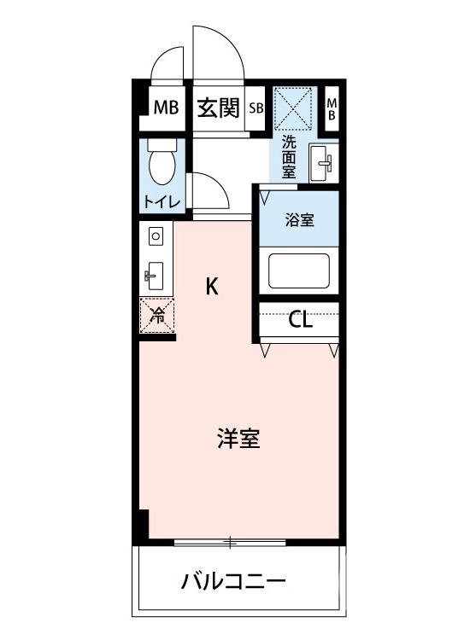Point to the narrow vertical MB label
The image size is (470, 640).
tap(332, 108)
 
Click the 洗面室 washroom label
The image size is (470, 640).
tap(290, 156)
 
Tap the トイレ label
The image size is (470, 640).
tap(161, 202)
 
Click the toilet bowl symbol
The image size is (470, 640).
tap(161, 163)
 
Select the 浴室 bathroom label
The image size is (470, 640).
tap(299, 220)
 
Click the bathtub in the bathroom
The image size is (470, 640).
tap(299, 271)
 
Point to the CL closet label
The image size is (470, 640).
tap(300, 321)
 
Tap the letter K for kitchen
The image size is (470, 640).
tap(211, 287)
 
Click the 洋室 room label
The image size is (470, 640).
tap(237, 440)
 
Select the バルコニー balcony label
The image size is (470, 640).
tap(232, 584)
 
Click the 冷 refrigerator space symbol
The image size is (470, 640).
tap(157, 316)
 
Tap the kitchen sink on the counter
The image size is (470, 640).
tap(155, 276)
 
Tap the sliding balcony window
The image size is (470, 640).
tap(231, 542)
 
